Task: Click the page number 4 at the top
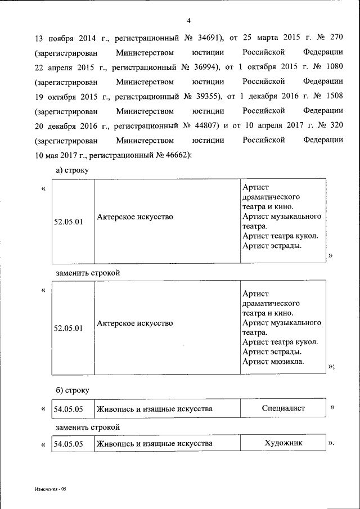[189, 21]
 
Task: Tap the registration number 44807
[201, 125]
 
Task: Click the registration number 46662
[177, 154]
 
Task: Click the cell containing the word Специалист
[283, 408]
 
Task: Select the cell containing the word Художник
[283, 443]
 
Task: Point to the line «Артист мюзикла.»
[273, 362]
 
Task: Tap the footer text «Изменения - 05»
[49, 489]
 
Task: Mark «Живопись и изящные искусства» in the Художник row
[154, 444]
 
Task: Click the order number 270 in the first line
[335, 39]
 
